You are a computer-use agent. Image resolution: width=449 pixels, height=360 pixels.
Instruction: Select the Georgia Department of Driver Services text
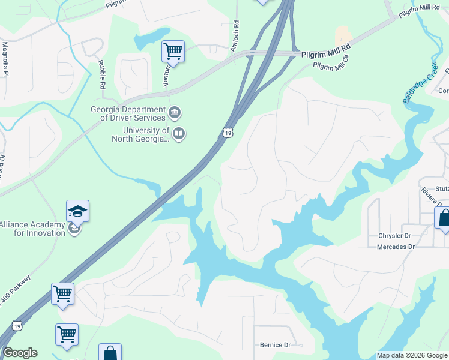pos(128,113)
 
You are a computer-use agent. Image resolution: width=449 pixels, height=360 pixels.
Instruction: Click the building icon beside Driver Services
pos(175,112)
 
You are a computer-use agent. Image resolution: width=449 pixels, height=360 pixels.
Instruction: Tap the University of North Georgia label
pos(140,134)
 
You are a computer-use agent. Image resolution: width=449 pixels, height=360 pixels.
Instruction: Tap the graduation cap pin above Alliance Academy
pos(77,211)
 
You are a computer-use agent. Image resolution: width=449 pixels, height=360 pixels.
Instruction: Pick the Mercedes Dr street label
pos(396,247)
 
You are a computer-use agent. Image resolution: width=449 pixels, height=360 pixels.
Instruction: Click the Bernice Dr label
pos(275,345)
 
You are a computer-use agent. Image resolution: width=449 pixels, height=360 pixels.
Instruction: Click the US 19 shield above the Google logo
pos(19,326)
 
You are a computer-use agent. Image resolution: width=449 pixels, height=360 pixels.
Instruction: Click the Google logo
pos(20,353)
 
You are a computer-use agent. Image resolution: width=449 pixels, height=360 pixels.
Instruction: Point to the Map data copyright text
pos(412,355)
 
